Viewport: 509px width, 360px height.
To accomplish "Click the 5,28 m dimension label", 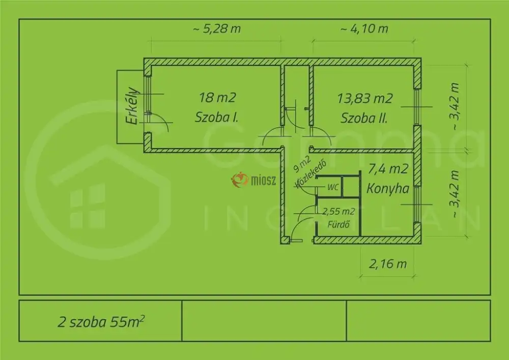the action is (x=217, y=29).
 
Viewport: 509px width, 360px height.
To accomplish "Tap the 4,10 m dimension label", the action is (x=364, y=29).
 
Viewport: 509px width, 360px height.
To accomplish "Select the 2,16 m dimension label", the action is (x=387, y=264).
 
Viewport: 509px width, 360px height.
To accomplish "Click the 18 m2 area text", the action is (x=217, y=97).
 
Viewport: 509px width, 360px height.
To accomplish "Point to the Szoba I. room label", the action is (x=216, y=117).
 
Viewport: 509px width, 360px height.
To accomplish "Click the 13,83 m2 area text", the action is (x=365, y=98).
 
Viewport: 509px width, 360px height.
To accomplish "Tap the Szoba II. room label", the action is (x=364, y=118).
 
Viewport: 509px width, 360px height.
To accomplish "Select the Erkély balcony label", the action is (x=132, y=106).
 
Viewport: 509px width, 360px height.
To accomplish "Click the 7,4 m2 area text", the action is (x=388, y=169).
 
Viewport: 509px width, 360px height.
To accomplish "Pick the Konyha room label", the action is (x=388, y=188).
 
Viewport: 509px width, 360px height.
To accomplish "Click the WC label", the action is (x=333, y=187).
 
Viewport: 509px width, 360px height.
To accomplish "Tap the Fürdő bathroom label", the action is (x=338, y=225).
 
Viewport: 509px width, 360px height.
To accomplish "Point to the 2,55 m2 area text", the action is (x=338, y=212).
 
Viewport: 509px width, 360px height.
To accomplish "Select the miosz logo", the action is (x=253, y=180).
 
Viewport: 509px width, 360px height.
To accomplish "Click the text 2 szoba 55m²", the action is (x=101, y=321).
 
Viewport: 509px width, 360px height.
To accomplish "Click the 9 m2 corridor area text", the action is (x=302, y=164).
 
